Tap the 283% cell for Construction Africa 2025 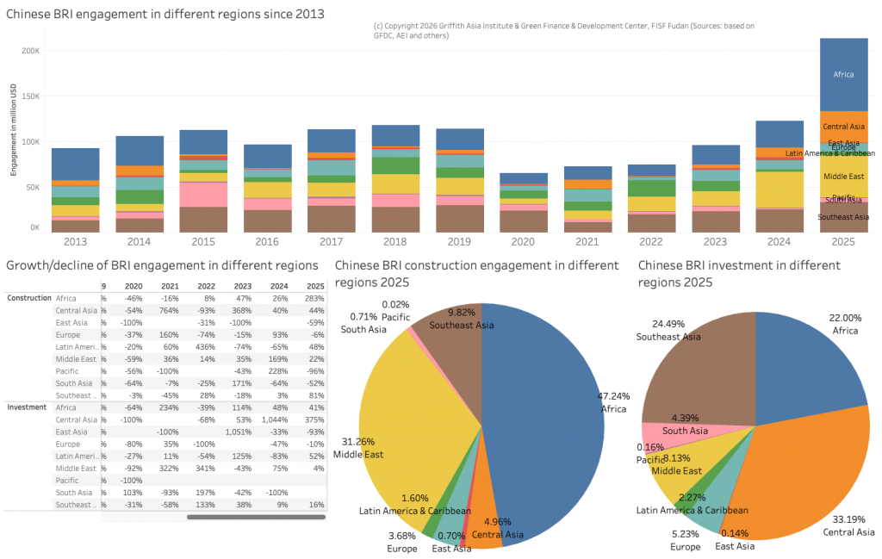[314, 297]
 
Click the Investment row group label [28, 407]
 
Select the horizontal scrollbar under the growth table [256, 517]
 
